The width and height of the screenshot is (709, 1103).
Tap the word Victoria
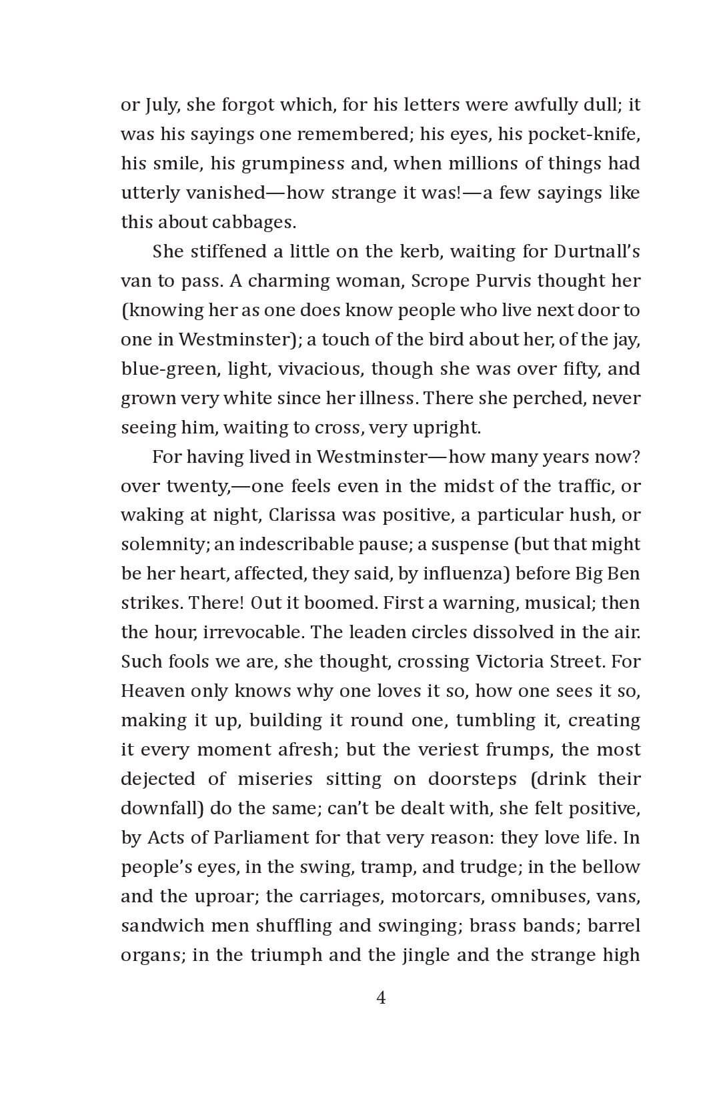tap(510, 662)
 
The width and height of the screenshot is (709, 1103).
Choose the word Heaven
tap(152, 691)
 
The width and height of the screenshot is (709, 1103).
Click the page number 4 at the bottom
tap(381, 998)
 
